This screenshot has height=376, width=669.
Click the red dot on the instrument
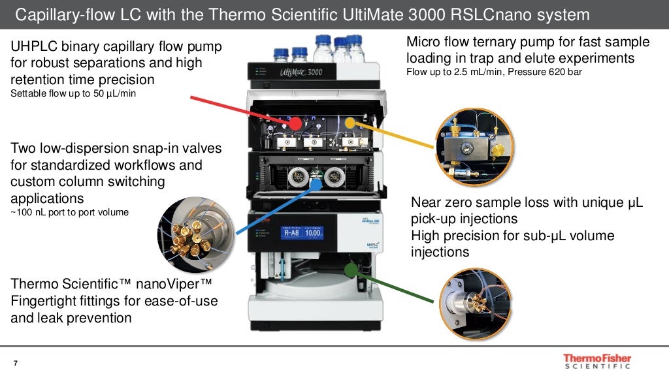[295, 123]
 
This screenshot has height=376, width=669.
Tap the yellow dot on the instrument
[350, 122]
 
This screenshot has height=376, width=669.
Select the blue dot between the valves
[316, 183]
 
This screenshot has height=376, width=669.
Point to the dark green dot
[352, 268]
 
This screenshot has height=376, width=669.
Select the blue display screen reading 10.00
[302, 232]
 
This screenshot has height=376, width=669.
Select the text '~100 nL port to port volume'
[70, 211]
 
